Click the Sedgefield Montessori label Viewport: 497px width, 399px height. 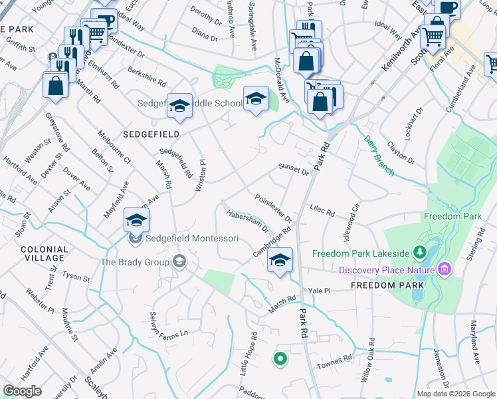[192, 237]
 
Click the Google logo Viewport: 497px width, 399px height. [23, 391]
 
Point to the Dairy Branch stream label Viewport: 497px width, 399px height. [379, 156]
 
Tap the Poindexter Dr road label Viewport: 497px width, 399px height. [273, 208]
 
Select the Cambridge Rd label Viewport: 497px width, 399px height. [272, 243]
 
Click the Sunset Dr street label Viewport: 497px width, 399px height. [294, 170]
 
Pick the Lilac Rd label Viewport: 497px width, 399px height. [322, 211]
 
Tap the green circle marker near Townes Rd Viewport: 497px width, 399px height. [280, 359]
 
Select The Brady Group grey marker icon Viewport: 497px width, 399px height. [179, 262]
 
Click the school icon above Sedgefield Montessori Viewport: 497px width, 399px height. [136, 219]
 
